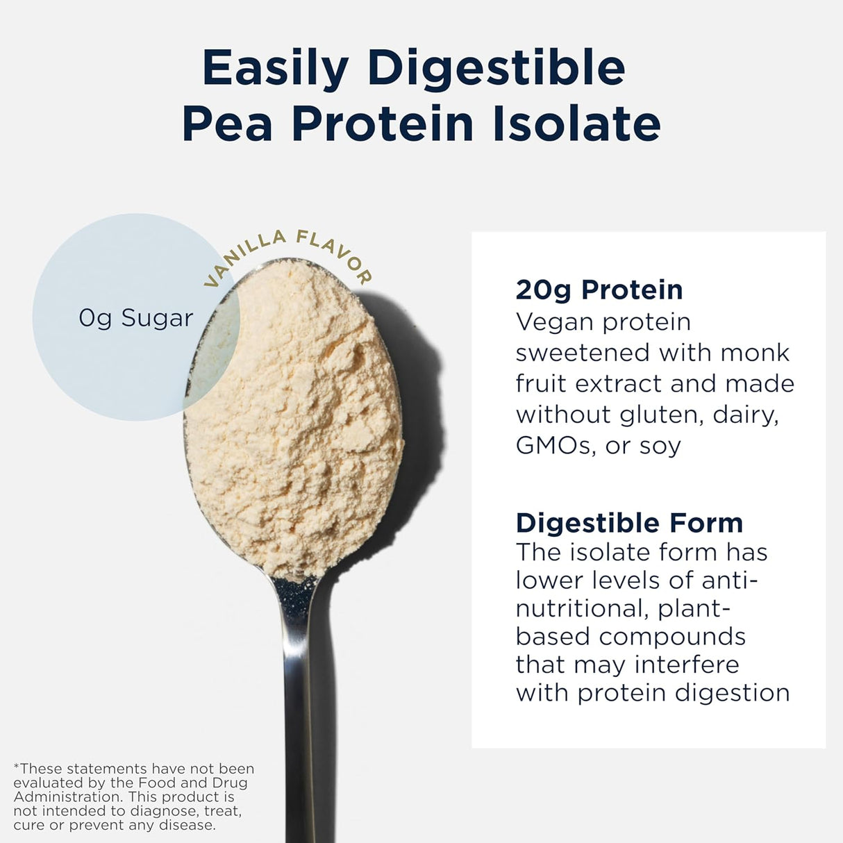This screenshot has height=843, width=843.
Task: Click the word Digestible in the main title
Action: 496,69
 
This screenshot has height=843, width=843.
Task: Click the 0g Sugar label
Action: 135,318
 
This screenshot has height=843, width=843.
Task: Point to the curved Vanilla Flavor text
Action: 287,254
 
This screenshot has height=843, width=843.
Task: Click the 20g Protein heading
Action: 599,290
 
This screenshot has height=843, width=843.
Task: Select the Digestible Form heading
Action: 629,522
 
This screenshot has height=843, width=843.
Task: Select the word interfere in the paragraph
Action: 687,665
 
